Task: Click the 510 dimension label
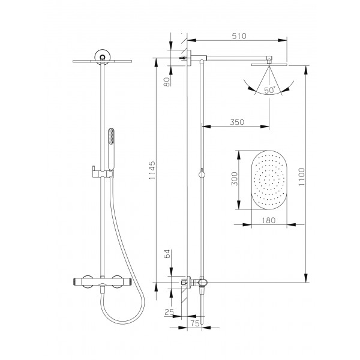coord(239,36)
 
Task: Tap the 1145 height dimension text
coord(152,170)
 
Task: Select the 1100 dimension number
coord(302,176)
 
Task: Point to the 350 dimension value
coord(237,122)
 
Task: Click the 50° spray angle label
coord(269,90)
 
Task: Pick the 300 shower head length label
coord(235,179)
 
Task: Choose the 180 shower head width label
coord(269,220)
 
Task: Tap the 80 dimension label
coord(167,82)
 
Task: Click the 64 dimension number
coord(167,254)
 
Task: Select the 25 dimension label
coord(169,312)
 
